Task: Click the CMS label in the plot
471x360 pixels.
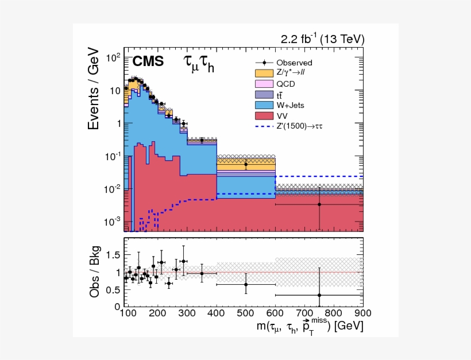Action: click(148, 62)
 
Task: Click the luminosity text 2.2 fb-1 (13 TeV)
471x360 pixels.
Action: click(322, 39)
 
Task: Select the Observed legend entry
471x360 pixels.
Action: click(294, 63)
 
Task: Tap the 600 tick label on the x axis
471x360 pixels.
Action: click(275, 313)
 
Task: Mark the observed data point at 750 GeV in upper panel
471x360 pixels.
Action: click(319, 204)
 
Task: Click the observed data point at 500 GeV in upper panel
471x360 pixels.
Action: click(246, 165)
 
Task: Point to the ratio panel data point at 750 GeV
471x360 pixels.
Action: click(319, 295)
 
